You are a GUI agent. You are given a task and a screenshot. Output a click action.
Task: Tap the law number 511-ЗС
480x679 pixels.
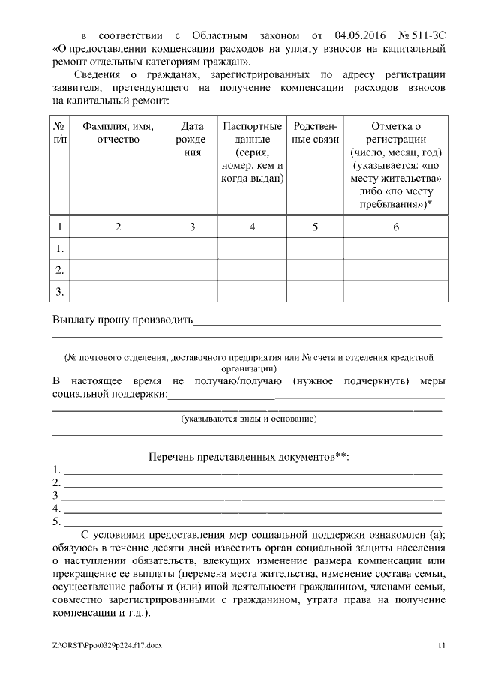pos(421,35)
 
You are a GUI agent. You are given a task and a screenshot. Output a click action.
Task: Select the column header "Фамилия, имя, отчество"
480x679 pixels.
pos(118,133)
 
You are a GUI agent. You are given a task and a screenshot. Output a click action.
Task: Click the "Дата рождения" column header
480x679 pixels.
pos(193,140)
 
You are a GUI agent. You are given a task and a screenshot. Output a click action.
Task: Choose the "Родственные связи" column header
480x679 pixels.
pos(315,133)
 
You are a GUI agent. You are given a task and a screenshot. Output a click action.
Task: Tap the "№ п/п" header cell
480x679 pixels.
pos(59,133)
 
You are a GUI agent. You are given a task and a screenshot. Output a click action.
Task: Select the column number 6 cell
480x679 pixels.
pos(396,227)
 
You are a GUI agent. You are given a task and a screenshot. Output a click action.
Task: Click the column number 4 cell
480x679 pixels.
pos(252,227)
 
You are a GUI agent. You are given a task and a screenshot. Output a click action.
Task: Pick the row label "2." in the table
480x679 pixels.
pos(59,269)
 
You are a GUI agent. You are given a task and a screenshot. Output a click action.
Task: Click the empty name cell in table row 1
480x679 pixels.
pos(118,248)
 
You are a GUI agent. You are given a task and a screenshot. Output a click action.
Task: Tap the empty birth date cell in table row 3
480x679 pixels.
pos(193,290)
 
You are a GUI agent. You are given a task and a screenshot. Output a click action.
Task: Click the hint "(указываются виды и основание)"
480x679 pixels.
pos(249,419)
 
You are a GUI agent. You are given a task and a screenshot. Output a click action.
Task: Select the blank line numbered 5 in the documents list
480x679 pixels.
pos(251,522)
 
